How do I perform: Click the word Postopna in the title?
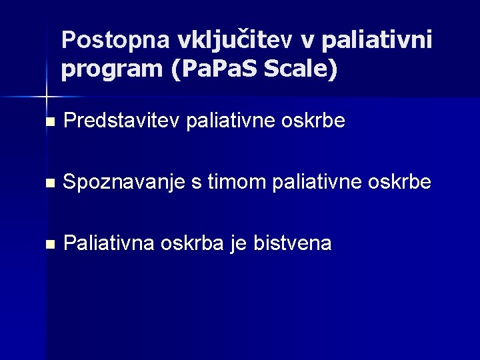coord(115,41)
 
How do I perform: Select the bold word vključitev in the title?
coord(235,41)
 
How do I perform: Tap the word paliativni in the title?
coord(376,41)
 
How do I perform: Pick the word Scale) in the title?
coord(301,69)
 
